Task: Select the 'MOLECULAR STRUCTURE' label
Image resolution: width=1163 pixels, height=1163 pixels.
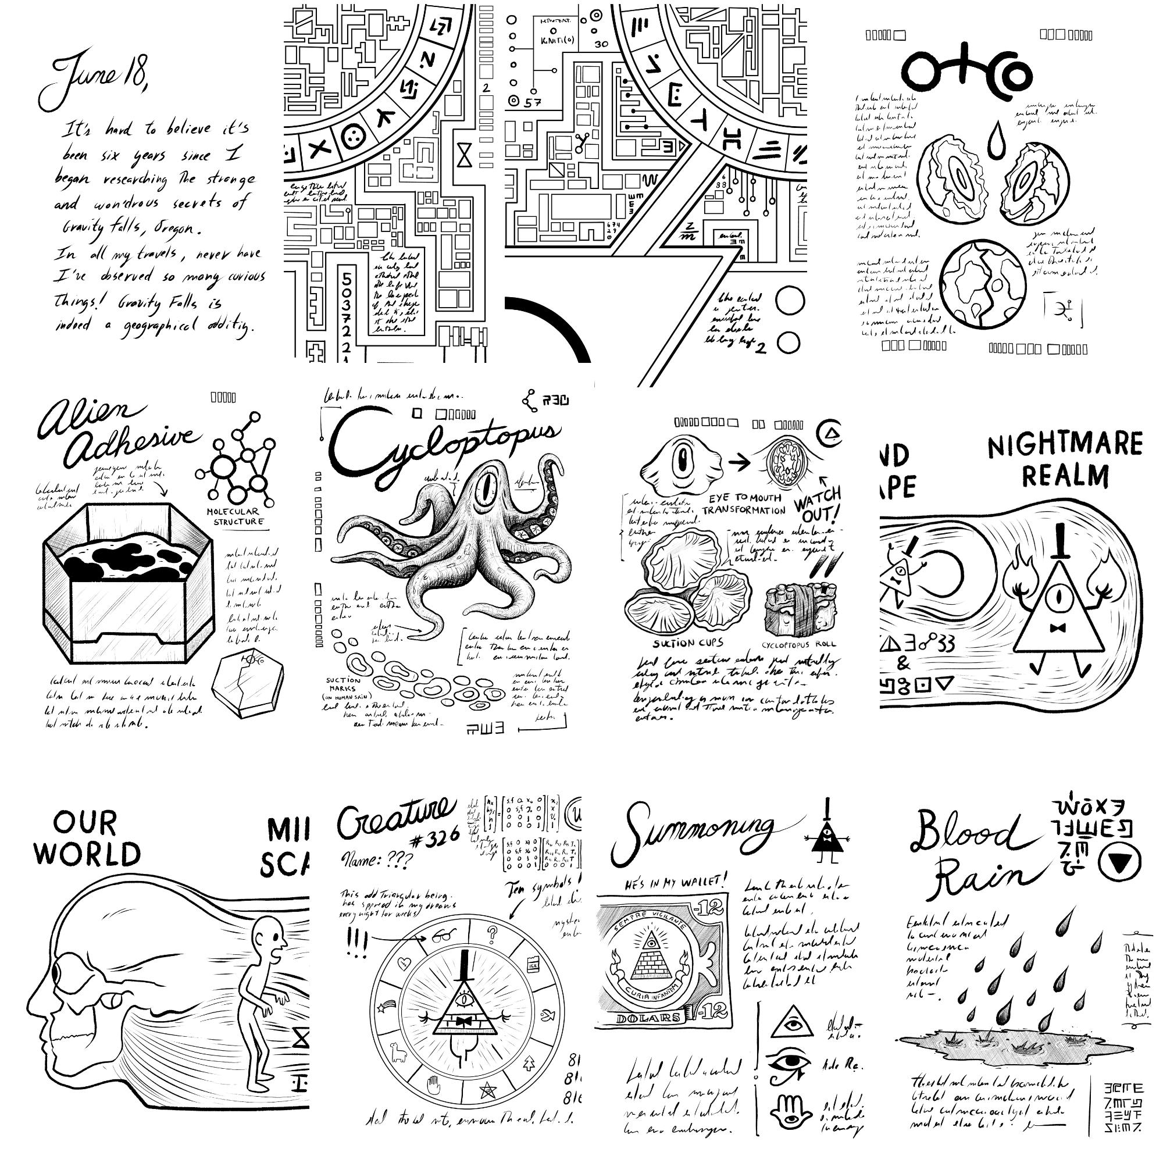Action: pos(236,516)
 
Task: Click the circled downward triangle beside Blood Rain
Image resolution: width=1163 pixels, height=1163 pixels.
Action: pos(1119,865)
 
